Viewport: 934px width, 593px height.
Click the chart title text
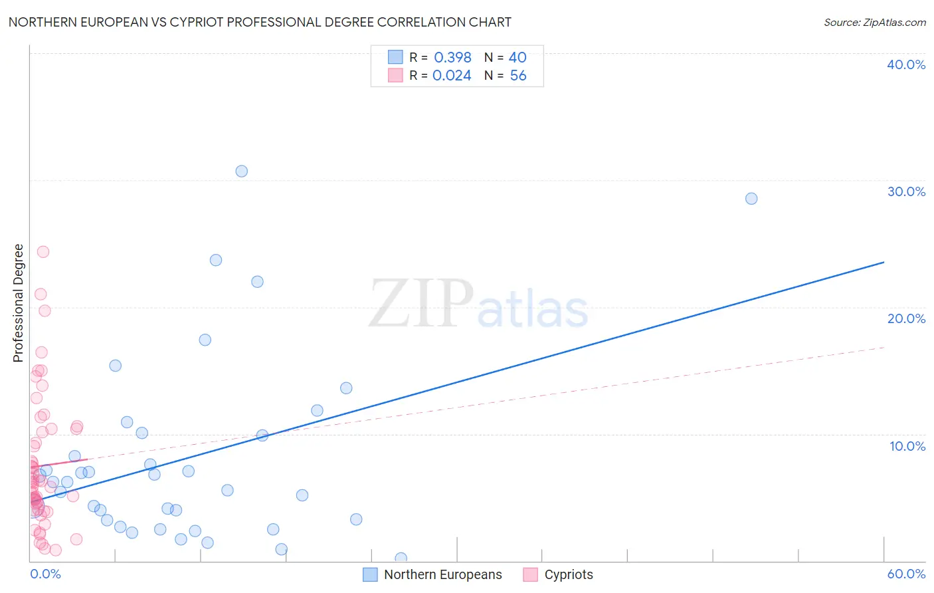click(x=260, y=22)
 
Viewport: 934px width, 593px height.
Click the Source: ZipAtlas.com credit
click(x=874, y=22)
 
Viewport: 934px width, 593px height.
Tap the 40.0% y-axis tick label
click(x=906, y=64)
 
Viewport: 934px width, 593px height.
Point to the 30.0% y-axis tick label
click(x=906, y=191)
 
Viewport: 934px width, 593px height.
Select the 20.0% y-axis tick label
click(x=906, y=318)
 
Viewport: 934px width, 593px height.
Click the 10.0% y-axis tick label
click(x=907, y=446)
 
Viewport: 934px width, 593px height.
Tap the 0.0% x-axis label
click(x=45, y=574)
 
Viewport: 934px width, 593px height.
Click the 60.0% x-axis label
click(x=906, y=574)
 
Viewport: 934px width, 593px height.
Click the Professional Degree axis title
click(x=18, y=303)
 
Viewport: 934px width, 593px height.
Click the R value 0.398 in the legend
click(x=452, y=57)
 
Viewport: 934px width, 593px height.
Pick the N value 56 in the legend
click(x=518, y=75)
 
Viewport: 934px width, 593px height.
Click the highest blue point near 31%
click(x=242, y=172)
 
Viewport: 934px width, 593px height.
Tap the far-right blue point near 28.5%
click(x=751, y=199)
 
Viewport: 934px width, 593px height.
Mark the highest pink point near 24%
click(x=43, y=252)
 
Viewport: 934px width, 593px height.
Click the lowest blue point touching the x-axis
click(x=401, y=558)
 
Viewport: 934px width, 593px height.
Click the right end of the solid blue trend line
click(x=884, y=262)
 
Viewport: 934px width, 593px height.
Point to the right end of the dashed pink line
click(x=884, y=347)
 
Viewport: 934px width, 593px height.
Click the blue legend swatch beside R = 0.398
click(x=396, y=57)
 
